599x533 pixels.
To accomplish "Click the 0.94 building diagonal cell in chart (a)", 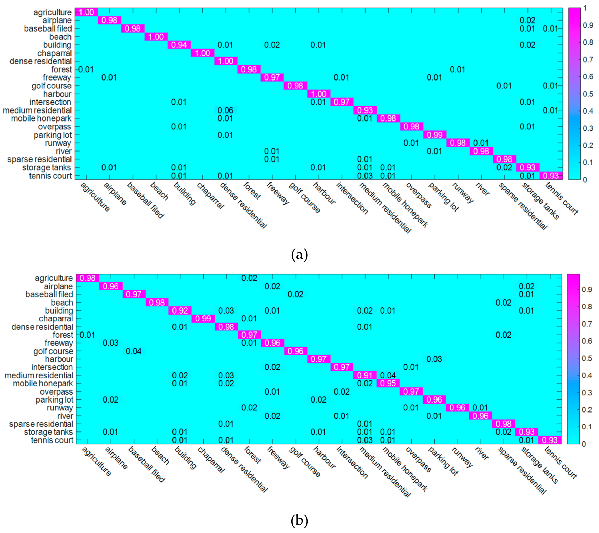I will [x=179, y=45].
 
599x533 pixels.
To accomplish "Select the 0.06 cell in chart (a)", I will [x=225, y=110].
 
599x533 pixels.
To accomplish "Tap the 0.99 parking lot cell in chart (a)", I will [x=435, y=135].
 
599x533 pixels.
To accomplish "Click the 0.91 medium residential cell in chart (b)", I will [x=364, y=375].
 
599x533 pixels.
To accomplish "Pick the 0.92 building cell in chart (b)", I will [x=180, y=310].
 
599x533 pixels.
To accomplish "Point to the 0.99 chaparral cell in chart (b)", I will [x=203, y=319].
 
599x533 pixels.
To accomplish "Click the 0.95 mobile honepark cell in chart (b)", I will [x=388, y=384].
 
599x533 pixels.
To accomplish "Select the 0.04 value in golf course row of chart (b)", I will [x=134, y=351].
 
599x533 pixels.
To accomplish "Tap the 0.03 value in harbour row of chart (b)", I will [x=434, y=359].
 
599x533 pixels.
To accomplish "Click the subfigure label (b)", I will [x=299, y=520].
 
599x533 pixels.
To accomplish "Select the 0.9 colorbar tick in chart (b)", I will [x=587, y=290].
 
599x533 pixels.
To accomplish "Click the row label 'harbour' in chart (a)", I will [x=57, y=94].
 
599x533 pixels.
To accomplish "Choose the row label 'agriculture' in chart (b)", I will [x=54, y=278].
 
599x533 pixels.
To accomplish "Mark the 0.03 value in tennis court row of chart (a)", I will [x=364, y=176].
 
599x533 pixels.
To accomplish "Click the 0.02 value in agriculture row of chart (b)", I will [x=249, y=278].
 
